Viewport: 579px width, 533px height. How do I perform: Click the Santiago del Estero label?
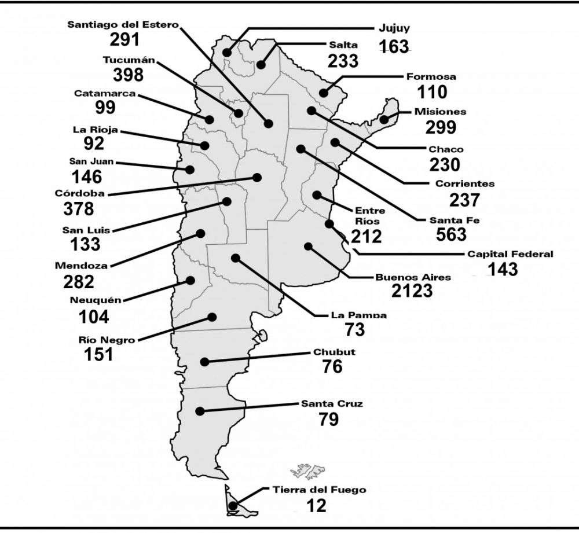(123, 25)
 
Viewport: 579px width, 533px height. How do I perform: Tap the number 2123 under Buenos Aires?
(412, 291)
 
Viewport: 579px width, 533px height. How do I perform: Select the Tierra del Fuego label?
(320, 490)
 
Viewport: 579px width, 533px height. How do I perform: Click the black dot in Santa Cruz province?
(200, 411)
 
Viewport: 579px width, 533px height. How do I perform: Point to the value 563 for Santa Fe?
(451, 234)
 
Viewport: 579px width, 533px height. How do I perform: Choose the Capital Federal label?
(510, 254)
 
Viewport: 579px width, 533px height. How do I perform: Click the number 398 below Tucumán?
(128, 75)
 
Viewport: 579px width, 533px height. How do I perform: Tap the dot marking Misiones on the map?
(384, 119)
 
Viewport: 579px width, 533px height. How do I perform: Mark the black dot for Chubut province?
(204, 362)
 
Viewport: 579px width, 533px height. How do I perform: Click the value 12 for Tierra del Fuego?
(317, 506)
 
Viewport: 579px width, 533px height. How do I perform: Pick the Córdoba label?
(80, 193)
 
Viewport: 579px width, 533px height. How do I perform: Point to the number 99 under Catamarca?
(105, 108)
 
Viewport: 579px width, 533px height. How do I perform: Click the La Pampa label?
(359, 315)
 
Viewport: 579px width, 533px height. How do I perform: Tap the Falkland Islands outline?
(307, 469)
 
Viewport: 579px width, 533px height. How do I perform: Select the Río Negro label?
(107, 340)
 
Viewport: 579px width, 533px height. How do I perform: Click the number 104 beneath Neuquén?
(94, 317)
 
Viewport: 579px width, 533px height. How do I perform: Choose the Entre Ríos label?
(369, 215)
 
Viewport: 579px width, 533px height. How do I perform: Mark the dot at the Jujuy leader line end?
(227, 53)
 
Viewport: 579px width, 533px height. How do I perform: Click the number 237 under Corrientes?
(464, 200)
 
